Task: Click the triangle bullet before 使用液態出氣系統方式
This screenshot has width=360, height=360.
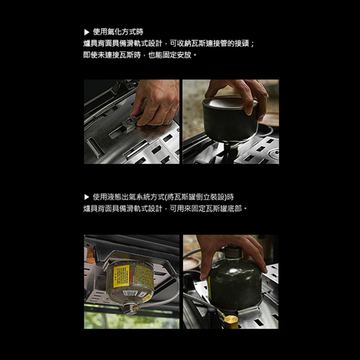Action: pos(86,197)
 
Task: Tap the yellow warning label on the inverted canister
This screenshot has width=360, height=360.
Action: pos(121,276)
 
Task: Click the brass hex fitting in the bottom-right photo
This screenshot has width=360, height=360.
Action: pos(231,321)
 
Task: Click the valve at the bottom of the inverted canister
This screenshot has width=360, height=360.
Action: pos(129,308)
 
